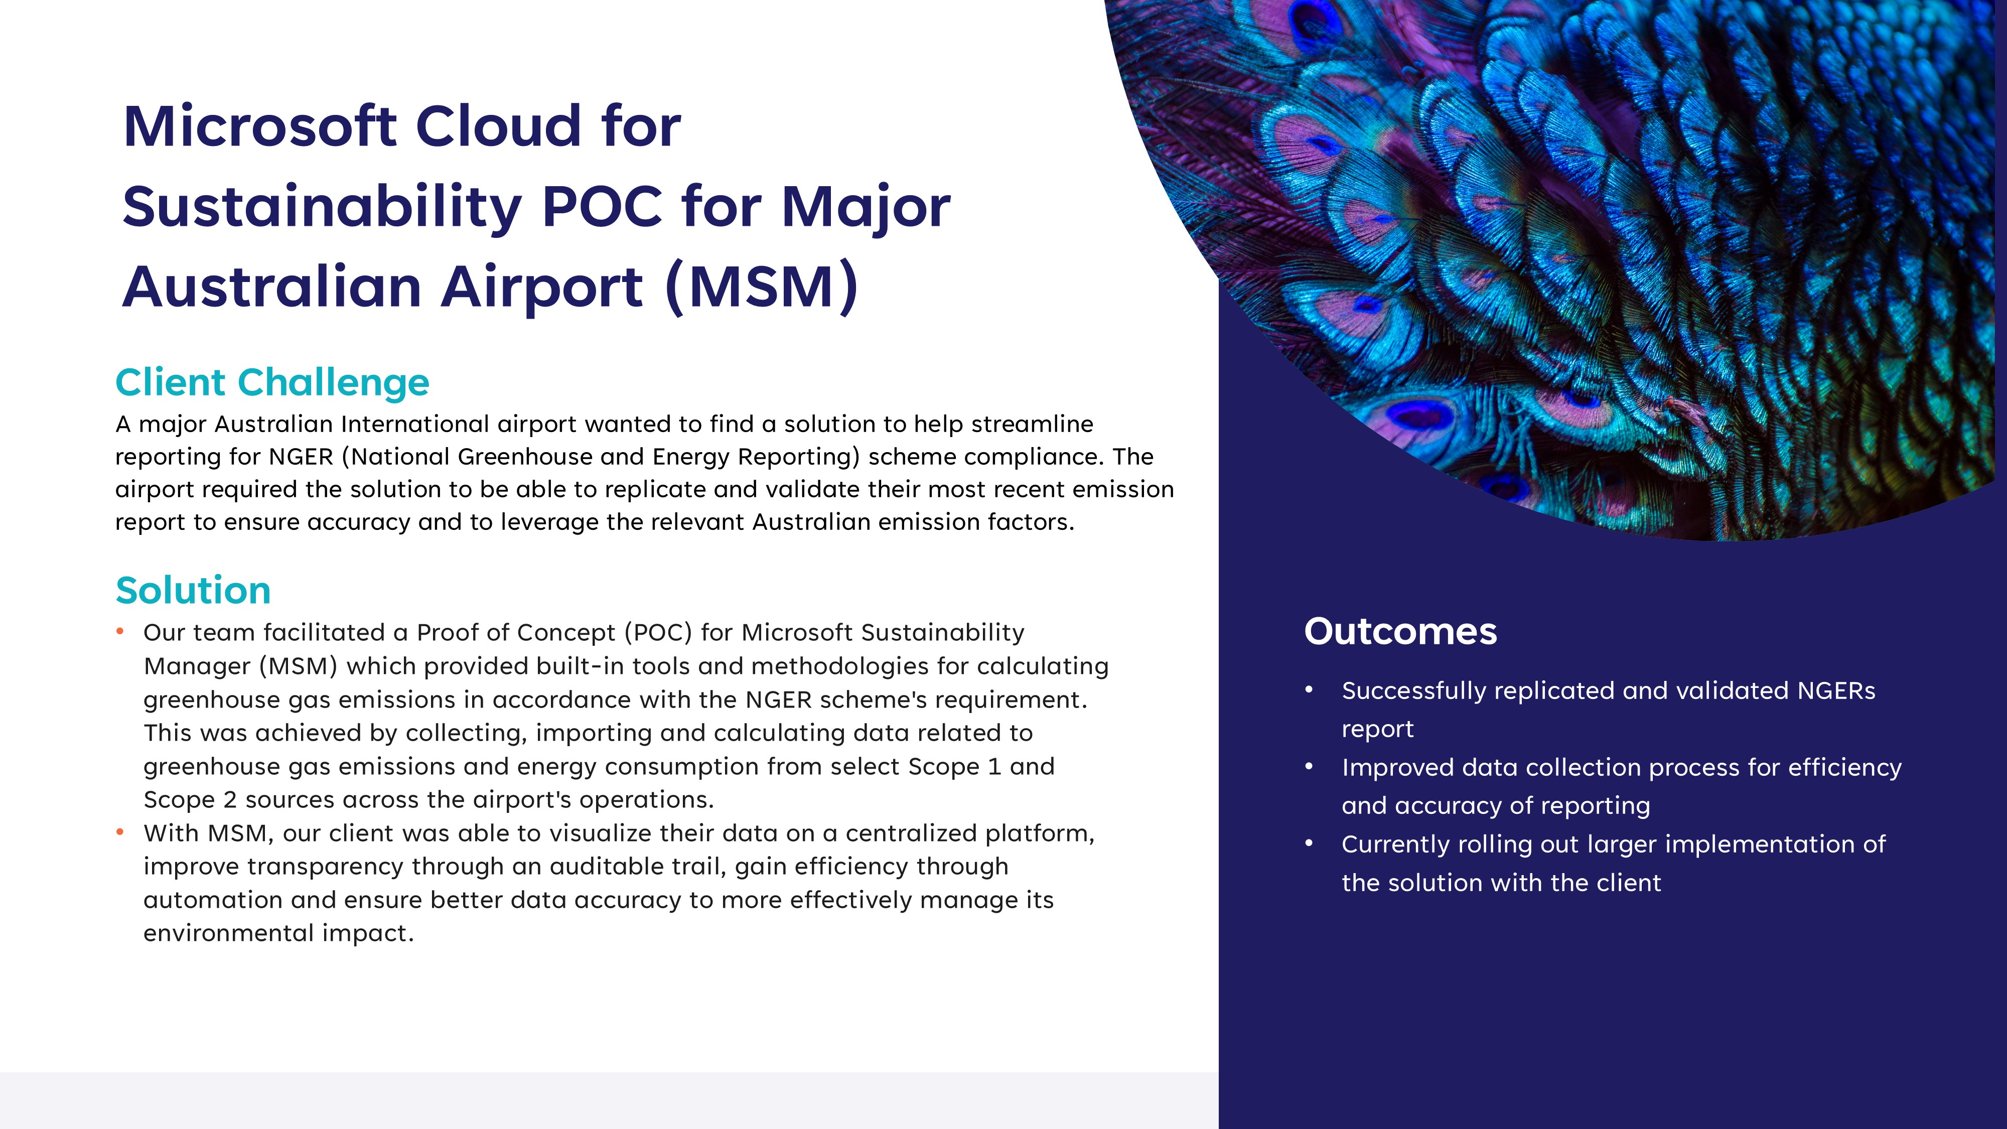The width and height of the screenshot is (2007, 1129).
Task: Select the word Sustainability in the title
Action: click(x=322, y=208)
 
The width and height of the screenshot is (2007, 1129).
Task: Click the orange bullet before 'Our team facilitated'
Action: click(x=120, y=631)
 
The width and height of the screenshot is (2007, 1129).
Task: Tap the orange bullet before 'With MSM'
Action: click(x=120, y=832)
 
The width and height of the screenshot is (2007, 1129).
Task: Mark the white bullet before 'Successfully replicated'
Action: click(x=1309, y=689)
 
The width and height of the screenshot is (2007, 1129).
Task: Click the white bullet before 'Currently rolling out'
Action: click(x=1309, y=843)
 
